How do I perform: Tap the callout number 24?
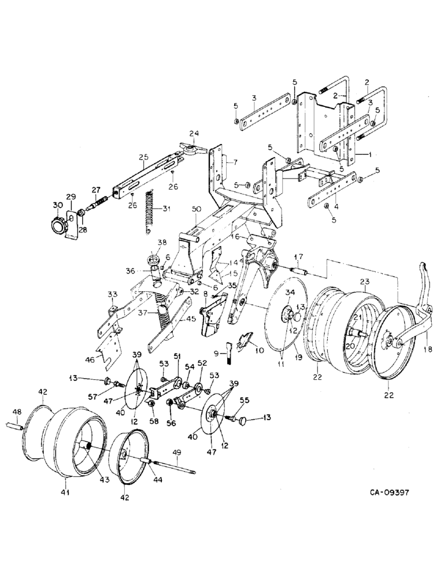click(x=194, y=134)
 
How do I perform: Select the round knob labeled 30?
click(x=58, y=224)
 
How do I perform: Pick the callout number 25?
click(x=144, y=157)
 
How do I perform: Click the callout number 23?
click(x=365, y=281)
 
